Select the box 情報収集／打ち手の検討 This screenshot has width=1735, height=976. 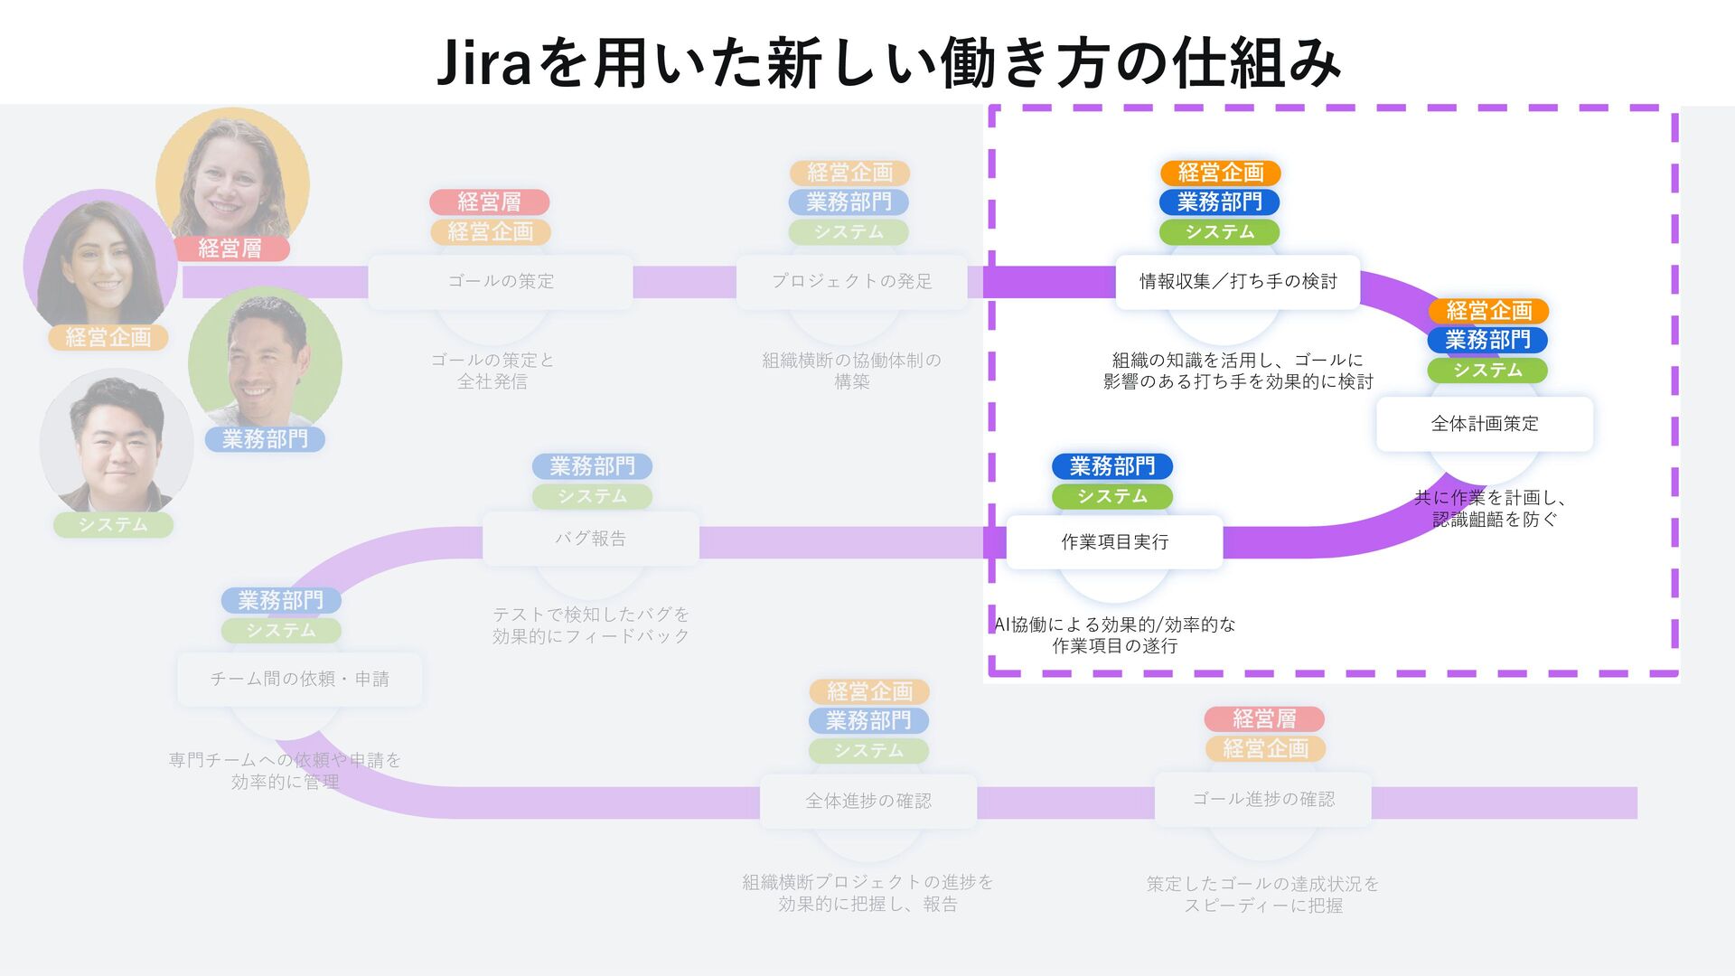[x=1237, y=282]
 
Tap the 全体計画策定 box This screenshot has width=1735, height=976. [x=1484, y=424]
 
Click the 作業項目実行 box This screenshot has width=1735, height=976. [x=1114, y=542]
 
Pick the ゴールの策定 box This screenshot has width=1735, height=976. [x=501, y=282]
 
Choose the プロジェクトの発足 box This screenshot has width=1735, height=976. [x=851, y=282]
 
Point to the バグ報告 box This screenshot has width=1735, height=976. [x=590, y=540]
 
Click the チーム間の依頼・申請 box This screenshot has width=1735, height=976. [x=299, y=679]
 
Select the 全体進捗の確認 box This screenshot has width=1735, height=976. [x=867, y=801]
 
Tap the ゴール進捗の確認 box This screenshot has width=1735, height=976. [x=1262, y=799]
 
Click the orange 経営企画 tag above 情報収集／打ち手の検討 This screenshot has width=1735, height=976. [x=1220, y=173]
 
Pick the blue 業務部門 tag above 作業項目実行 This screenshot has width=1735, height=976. [x=1111, y=466]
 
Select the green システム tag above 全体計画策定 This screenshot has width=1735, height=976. [x=1487, y=370]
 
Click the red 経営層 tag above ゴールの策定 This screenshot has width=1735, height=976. [x=489, y=202]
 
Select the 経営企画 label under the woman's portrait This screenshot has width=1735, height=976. [x=108, y=337]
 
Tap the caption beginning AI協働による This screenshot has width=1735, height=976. [x=1114, y=634]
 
